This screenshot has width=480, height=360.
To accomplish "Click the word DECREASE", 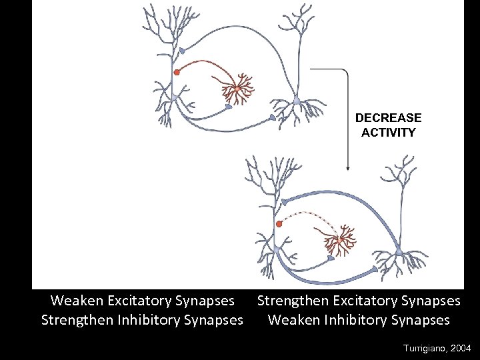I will point(388,118).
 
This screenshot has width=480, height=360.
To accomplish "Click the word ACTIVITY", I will point(388,133).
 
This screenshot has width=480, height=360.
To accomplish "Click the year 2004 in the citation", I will point(460,349).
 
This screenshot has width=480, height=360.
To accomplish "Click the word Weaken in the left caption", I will point(75,301).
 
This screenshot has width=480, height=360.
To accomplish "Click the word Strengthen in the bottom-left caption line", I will point(75,320).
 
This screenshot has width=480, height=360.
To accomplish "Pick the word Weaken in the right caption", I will point(292,320).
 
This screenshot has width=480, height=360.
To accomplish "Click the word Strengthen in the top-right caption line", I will point(292,301).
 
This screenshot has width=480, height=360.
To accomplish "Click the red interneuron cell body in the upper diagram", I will point(237,89).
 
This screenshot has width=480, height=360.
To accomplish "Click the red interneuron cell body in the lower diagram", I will point(340,239).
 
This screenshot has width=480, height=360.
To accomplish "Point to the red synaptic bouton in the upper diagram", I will point(177,72).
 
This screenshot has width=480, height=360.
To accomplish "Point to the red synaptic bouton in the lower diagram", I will point(279,224).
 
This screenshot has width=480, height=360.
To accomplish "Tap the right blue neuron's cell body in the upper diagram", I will point(296,102).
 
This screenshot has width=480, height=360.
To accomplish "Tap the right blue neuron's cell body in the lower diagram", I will point(399,252).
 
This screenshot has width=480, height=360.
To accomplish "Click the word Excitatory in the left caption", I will point(149,301).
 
